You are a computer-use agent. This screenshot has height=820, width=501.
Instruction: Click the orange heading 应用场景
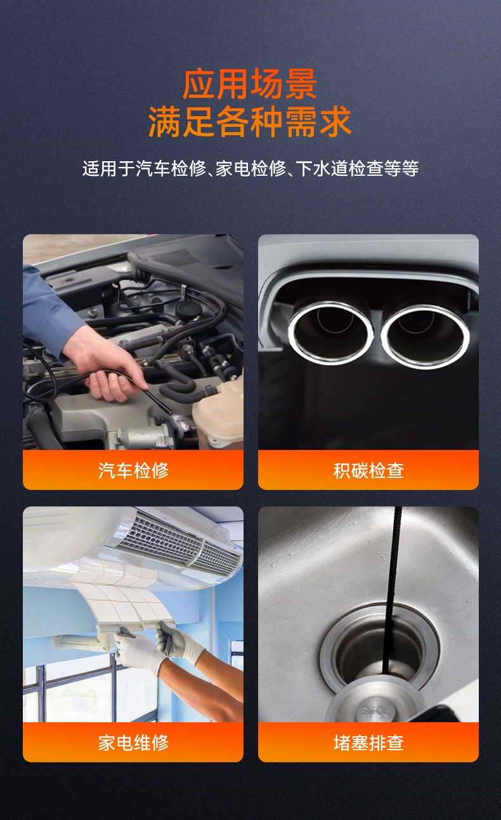click(x=250, y=84)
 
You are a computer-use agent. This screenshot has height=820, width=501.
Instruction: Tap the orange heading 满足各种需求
click(x=250, y=122)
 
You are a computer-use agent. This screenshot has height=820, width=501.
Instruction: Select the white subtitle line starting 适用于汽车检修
click(x=250, y=169)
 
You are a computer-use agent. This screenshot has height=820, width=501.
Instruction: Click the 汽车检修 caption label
click(x=133, y=470)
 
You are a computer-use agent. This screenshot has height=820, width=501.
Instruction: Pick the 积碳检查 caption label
click(x=368, y=470)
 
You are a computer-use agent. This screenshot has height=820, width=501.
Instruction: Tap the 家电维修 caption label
click(x=133, y=742)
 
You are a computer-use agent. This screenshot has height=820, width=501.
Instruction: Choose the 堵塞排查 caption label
click(x=368, y=742)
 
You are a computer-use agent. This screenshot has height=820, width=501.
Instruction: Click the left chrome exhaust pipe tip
click(x=330, y=331)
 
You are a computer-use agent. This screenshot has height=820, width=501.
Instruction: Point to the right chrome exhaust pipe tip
click(x=425, y=334)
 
